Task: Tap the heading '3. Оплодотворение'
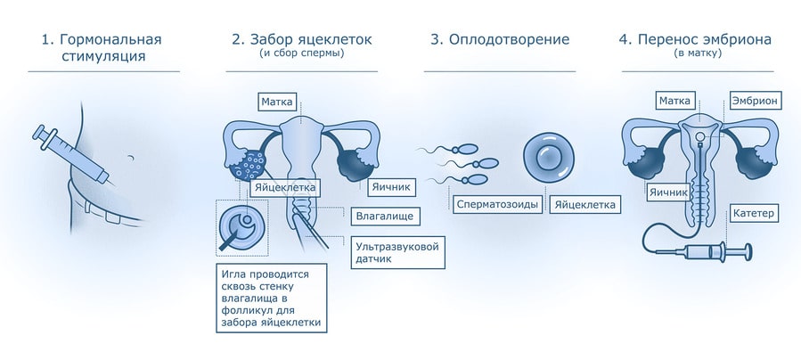point(499,39)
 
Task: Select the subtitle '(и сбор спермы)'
point(302,53)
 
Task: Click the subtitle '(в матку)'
point(698,53)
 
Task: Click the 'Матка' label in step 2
point(277,102)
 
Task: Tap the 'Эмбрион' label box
point(754,102)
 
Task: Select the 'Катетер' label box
point(754,213)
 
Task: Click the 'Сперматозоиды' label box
point(497,204)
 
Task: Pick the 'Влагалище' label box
point(384,215)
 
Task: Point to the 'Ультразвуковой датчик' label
point(396,251)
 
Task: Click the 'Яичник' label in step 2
point(388,187)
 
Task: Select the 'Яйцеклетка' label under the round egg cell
point(585,204)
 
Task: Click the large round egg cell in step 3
point(548,157)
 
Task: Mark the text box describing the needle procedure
point(271,298)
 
